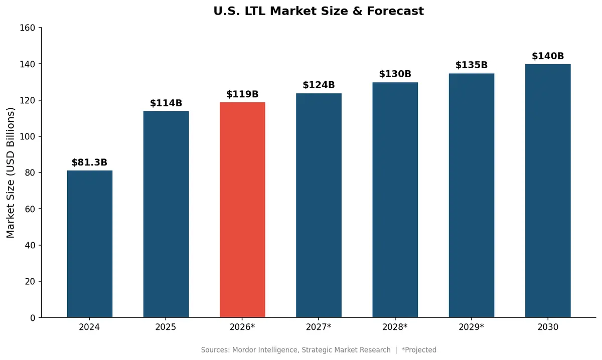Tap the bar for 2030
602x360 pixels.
pos(548,191)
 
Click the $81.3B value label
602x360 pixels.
pos(89,162)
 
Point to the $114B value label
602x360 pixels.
pos(166,103)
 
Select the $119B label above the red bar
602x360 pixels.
pos(242,94)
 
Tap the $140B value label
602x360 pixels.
pos(548,56)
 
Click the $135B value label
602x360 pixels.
pos(472,65)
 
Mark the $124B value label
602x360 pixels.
pos(319,85)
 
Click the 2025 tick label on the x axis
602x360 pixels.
pos(166,327)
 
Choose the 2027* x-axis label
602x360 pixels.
pos(319,327)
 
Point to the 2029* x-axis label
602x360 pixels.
pos(472,327)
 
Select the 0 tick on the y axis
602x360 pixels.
pos(33,318)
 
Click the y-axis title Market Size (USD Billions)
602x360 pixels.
pos(11,172)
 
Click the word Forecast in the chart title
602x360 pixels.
pos(397,11)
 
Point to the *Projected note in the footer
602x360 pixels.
pos(419,350)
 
